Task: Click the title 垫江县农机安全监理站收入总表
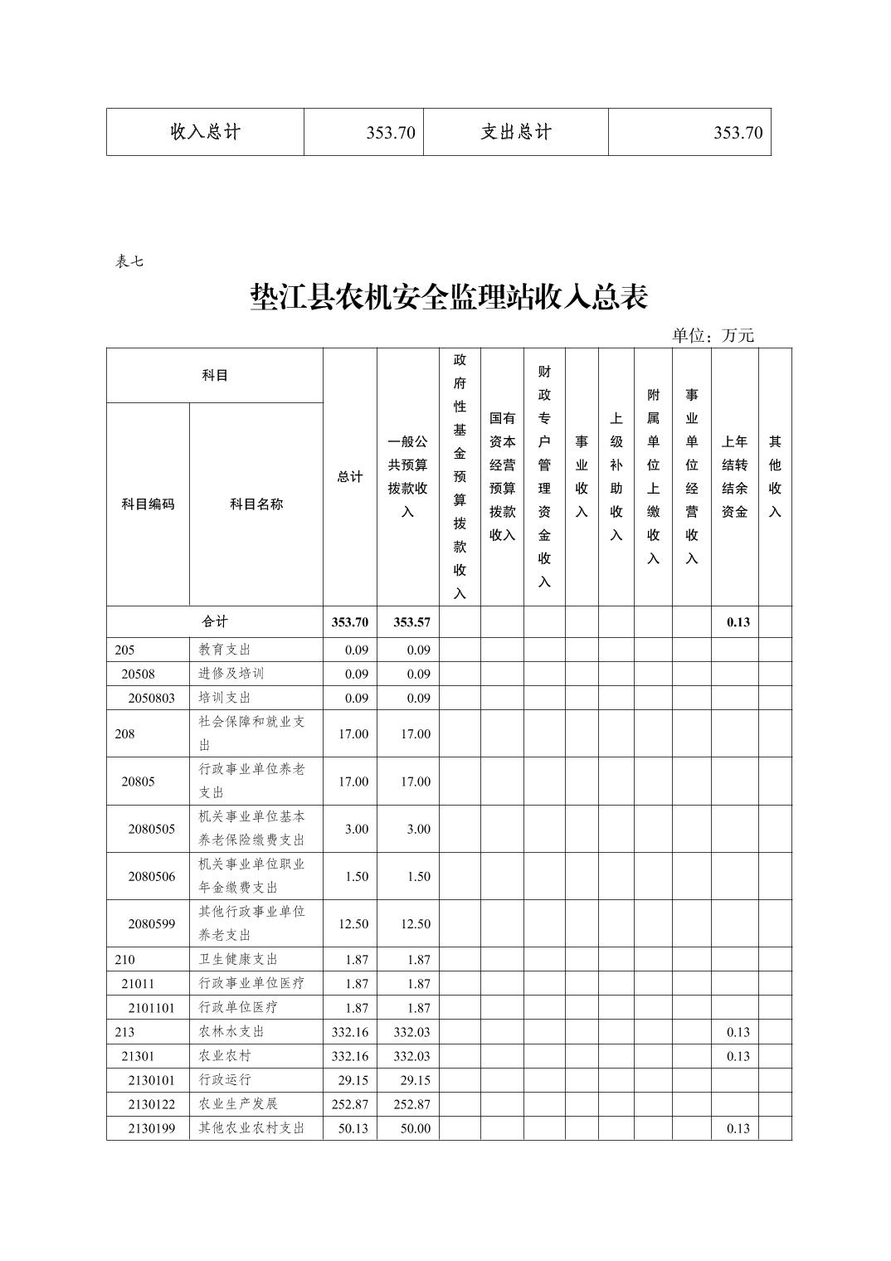[449, 297]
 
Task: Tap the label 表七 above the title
[129, 261]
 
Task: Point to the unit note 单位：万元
[713, 335]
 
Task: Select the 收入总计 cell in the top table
[205, 132]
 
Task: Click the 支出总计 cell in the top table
[515, 132]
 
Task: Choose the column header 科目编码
[148, 504]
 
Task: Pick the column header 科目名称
[256, 504]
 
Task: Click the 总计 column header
[349, 477]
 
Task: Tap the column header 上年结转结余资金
[734, 477]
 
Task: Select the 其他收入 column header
[775, 477]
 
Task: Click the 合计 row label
[214, 621]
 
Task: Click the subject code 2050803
[151, 698]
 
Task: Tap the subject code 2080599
[151, 923]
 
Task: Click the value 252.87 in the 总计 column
[349, 1104]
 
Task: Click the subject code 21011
[138, 983]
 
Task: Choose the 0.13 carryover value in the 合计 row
[738, 622]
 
